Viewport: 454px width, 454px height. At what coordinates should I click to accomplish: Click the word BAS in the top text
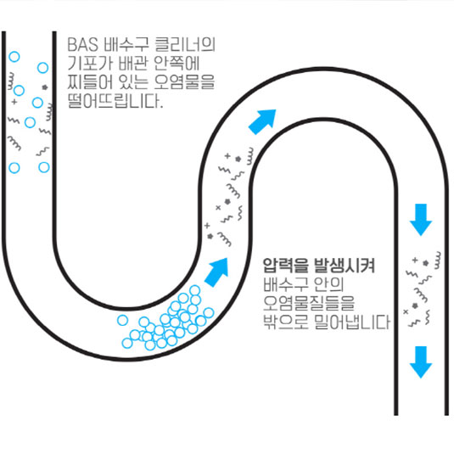click(83, 44)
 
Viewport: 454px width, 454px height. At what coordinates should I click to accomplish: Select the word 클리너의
click(185, 44)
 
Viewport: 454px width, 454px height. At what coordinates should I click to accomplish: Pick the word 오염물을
click(184, 82)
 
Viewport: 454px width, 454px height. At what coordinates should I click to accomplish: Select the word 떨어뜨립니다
click(115, 101)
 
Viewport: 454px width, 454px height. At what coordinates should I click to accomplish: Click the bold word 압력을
click(285, 266)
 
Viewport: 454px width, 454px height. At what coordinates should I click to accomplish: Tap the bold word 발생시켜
click(345, 266)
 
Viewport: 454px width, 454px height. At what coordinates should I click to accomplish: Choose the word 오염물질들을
click(309, 303)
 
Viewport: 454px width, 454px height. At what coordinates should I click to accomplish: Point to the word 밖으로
click(285, 322)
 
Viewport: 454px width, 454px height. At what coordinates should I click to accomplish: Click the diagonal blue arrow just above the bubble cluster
click(217, 272)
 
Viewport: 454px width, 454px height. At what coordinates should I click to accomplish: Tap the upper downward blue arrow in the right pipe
click(421, 220)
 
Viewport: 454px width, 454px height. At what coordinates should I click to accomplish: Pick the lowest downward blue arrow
click(421, 362)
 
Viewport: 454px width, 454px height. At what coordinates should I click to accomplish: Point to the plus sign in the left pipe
click(14, 102)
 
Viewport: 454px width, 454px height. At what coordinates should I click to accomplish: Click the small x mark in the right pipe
click(406, 311)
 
